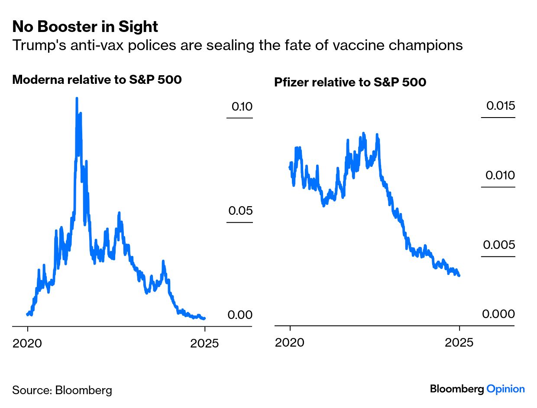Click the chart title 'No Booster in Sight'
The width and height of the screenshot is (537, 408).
tap(85, 27)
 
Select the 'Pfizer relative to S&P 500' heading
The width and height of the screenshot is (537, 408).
tap(350, 82)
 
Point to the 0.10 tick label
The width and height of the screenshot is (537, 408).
tap(242, 106)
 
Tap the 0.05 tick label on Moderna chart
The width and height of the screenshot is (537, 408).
tap(240, 211)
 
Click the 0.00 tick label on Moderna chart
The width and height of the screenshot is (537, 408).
tap(240, 315)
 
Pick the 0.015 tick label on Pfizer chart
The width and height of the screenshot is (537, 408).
tap(500, 106)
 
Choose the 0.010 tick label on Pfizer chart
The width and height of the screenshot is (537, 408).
tap(500, 175)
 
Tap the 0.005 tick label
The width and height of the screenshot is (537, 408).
tap(499, 245)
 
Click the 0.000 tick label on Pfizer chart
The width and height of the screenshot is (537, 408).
tap(498, 314)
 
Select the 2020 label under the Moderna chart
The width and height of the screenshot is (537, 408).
tap(27, 344)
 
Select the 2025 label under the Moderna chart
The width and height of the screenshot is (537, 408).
tap(204, 344)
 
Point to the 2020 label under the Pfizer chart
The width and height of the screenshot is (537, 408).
tap(290, 343)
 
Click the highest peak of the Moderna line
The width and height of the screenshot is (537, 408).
tap(77, 99)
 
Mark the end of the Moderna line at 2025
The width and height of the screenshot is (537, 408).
tap(204, 318)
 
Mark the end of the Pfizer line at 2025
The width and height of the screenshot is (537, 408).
tap(459, 275)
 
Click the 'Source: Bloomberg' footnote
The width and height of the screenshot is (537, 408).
tap(62, 390)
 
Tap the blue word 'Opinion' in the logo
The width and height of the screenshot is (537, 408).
tap(505, 389)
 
